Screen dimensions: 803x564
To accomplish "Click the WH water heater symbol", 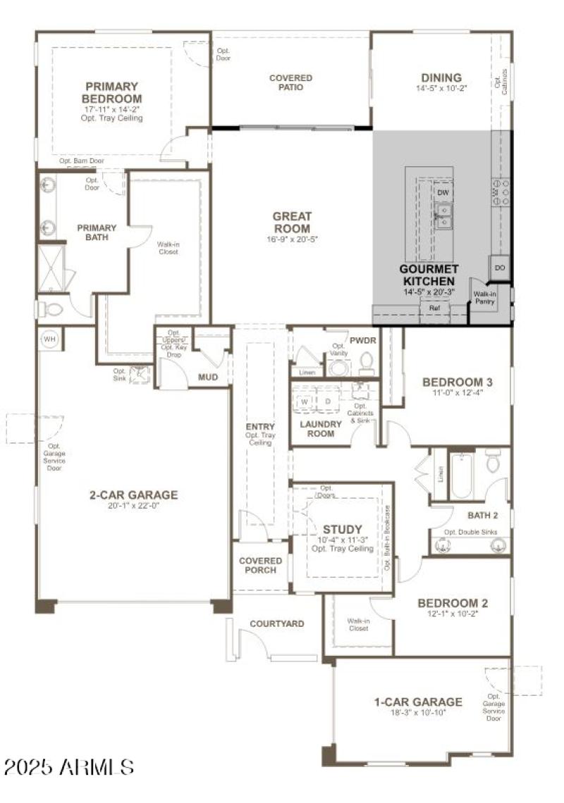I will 49,340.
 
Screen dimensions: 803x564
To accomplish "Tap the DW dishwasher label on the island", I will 443,192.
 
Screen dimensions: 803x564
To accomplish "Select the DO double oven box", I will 500,268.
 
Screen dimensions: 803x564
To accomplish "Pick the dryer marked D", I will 327,401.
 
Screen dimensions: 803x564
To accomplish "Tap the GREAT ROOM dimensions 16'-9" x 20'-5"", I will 291,239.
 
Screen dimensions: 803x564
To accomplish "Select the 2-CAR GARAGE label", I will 133,494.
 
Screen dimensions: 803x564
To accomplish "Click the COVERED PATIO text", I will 290,82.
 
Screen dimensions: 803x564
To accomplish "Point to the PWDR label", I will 363,340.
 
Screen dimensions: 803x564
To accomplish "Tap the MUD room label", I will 207,378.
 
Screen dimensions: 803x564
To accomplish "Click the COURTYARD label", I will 277,623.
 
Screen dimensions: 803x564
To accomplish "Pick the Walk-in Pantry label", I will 484,297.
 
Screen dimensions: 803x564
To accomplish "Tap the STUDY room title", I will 342,529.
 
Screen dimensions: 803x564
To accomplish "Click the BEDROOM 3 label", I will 457,382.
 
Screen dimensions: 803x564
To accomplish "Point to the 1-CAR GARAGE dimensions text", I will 418,712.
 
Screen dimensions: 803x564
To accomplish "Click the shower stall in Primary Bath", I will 51,268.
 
